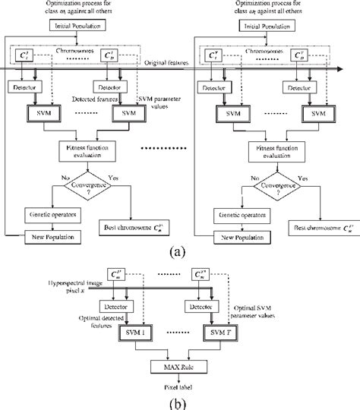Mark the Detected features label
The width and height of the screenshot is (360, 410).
(x=95, y=100)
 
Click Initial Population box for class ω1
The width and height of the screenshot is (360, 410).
(x=84, y=27)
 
